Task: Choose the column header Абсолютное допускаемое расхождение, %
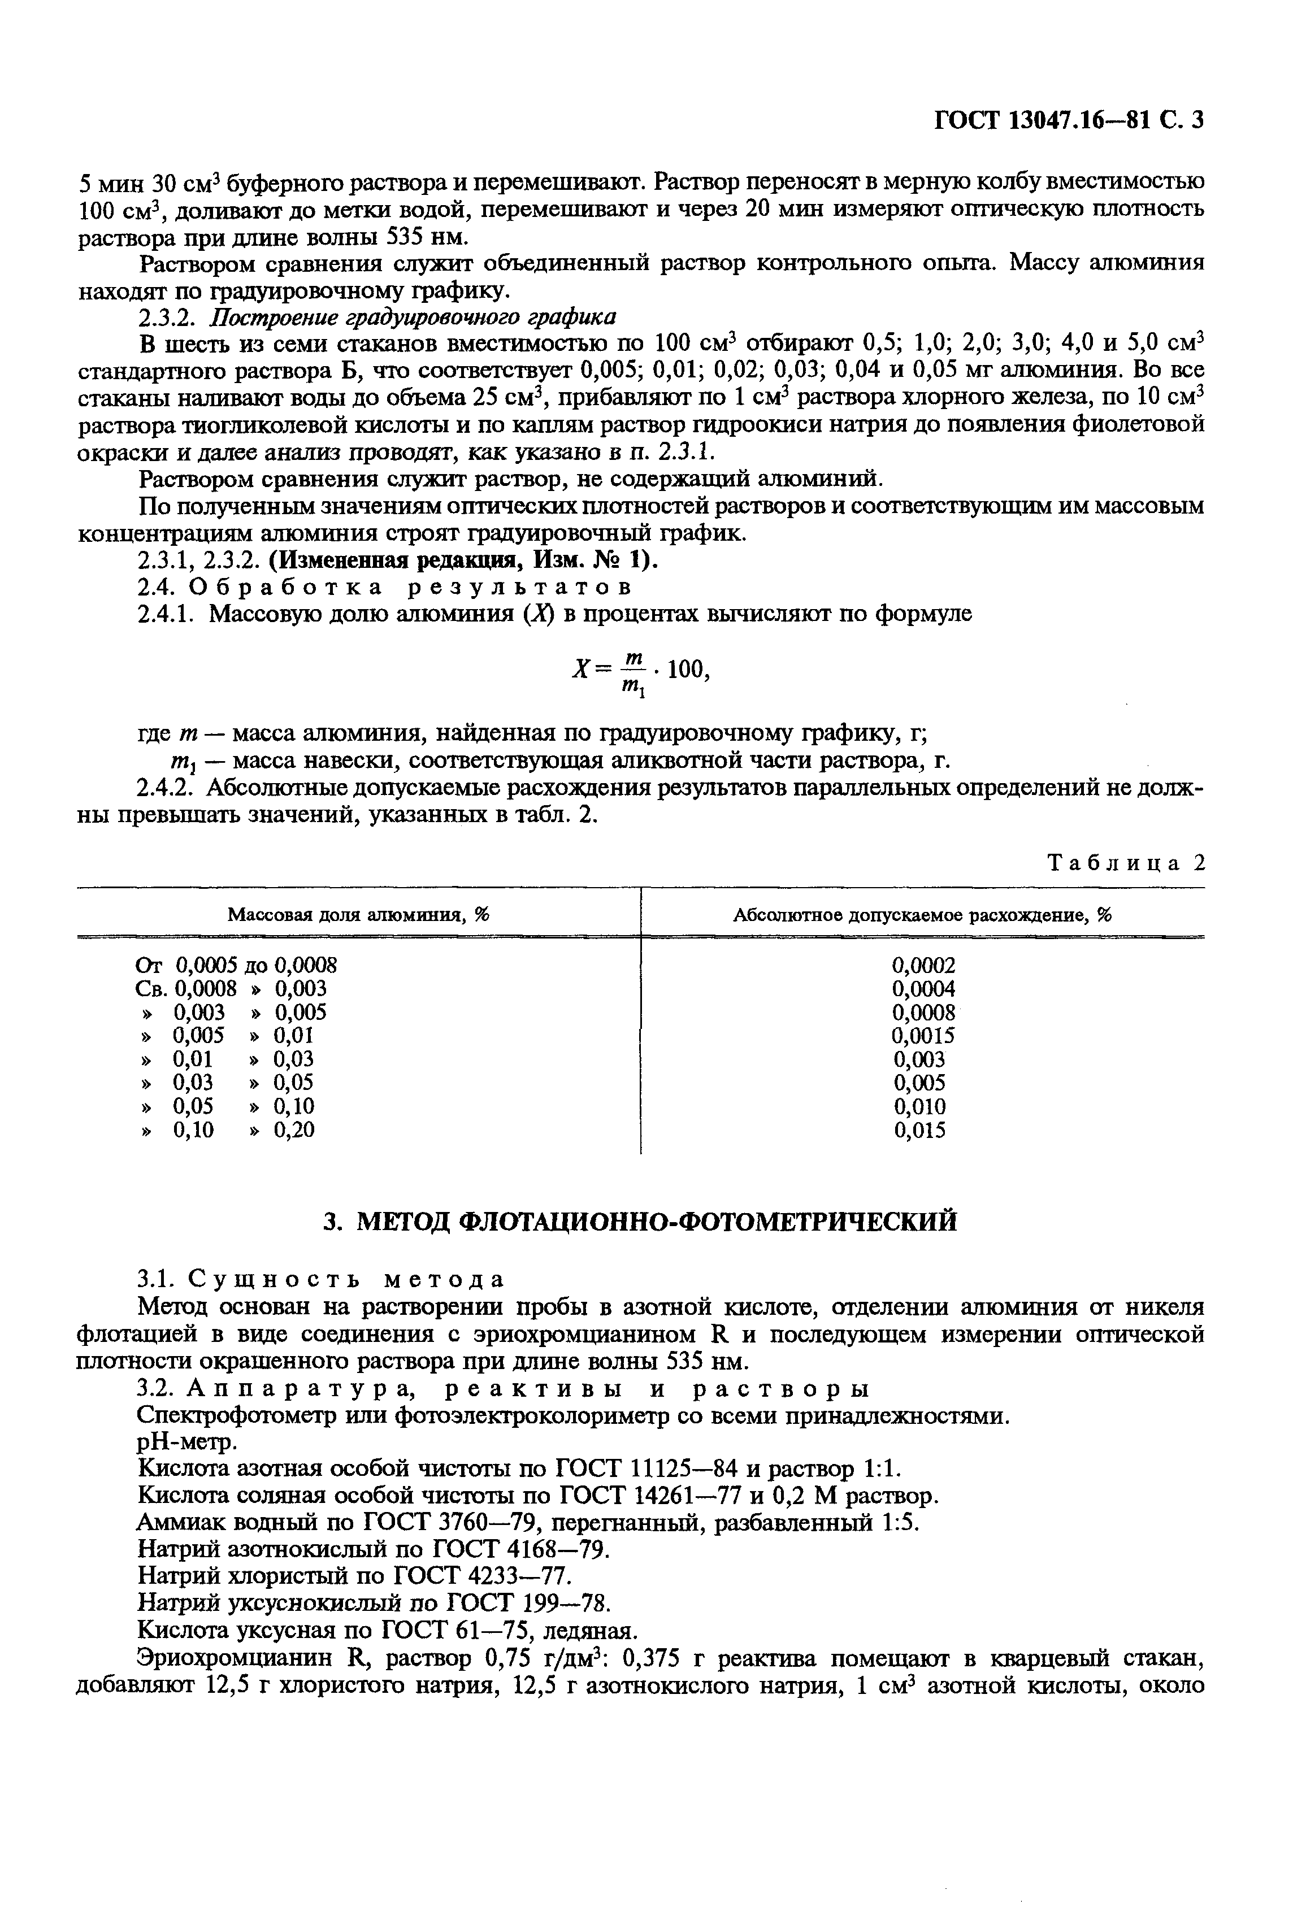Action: (x=923, y=914)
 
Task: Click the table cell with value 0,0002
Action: (x=923, y=964)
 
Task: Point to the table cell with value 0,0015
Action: (x=923, y=1035)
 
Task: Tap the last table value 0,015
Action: (x=920, y=1130)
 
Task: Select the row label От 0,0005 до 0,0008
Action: (x=236, y=964)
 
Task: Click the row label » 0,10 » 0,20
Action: (x=228, y=1130)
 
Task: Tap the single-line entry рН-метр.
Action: (x=186, y=1442)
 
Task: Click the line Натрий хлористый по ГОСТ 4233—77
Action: (x=354, y=1576)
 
